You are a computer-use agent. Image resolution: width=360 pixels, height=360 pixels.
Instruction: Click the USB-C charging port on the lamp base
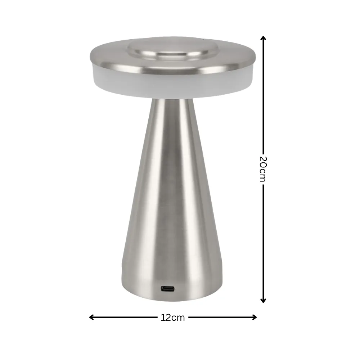(x=167, y=289)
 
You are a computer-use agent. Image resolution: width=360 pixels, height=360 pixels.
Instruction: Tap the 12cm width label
(x=173, y=318)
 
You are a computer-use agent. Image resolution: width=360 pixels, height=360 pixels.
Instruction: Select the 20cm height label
(x=263, y=169)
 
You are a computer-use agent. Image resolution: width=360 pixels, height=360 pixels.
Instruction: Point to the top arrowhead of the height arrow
(x=263, y=38)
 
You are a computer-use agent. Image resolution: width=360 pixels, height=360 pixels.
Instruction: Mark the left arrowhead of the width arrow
(x=91, y=317)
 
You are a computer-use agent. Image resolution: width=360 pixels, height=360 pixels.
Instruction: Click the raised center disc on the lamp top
(x=173, y=50)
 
